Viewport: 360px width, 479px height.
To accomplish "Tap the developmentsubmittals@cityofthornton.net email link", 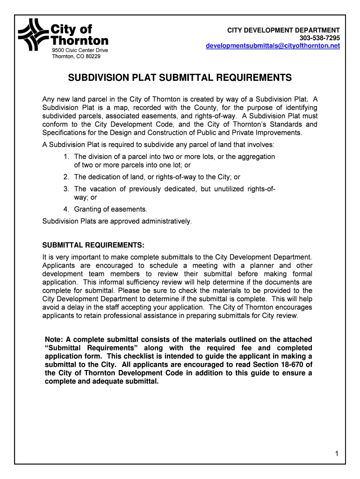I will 273,46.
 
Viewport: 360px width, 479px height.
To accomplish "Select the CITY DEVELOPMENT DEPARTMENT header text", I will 283,30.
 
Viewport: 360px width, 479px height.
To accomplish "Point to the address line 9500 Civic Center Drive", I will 79,50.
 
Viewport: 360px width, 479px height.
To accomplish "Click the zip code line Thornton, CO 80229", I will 76,57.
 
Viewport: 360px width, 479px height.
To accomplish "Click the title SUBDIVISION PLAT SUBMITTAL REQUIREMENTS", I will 180,78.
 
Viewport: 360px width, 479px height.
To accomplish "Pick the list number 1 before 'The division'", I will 67,157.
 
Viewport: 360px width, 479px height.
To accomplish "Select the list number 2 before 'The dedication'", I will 67,177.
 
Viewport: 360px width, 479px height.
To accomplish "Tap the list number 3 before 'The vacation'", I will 67,189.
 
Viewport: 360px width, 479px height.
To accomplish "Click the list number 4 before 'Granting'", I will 67,209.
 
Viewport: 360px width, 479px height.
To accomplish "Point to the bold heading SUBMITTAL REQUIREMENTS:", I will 94,246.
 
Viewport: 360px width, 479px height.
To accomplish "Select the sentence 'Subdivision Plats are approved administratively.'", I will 117,221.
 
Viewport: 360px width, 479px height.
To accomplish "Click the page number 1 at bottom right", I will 337,454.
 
